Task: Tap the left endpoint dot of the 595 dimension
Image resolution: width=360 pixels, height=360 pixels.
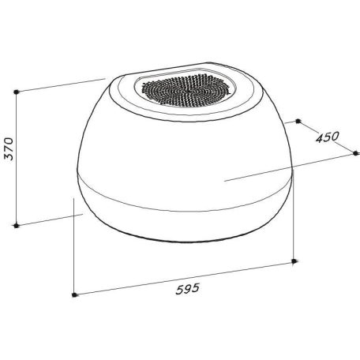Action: click(73, 295)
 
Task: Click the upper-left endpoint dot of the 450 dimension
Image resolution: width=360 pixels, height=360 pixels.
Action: click(299, 122)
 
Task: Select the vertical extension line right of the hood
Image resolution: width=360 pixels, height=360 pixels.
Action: click(293, 221)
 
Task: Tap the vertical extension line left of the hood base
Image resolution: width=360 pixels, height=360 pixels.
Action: click(73, 253)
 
